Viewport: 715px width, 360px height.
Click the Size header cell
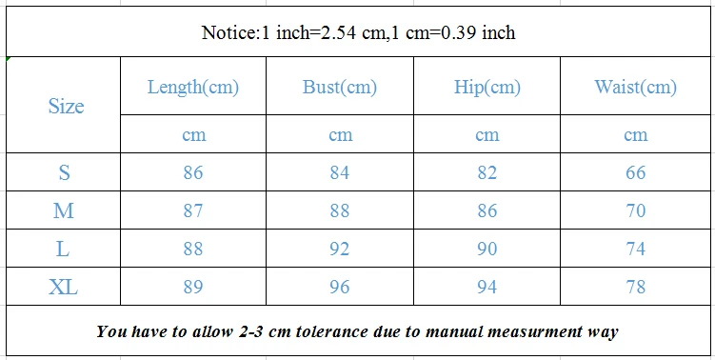pos(66,106)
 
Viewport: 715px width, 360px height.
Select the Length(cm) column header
pos(193,87)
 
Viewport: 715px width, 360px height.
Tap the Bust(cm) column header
pos(340,87)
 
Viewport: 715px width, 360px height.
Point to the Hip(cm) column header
pos(487,87)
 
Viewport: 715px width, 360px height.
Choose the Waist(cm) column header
pos(635,87)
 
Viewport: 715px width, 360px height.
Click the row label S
pos(65,172)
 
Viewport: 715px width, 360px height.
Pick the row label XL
pos(64,287)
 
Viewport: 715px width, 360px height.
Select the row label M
pos(64,210)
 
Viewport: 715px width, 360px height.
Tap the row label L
pos(63,250)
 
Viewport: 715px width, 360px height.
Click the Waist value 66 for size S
pos(635,172)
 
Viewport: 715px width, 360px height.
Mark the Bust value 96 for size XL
pos(340,287)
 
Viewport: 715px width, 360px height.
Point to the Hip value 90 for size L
pos(487,250)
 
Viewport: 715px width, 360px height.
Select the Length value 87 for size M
pos(193,210)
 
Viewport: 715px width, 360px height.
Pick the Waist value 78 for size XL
pos(635,287)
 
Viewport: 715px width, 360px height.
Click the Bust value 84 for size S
pos(340,172)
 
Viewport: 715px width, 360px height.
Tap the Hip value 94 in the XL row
pos(487,287)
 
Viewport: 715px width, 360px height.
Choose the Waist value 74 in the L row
pos(635,250)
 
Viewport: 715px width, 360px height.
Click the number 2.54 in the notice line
pos(338,32)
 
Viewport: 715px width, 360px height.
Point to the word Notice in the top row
pos(229,32)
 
